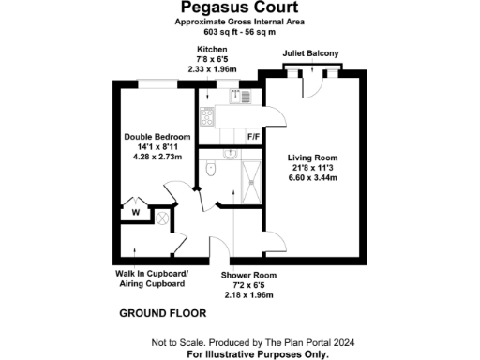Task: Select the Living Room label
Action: pyautogui.click(x=312, y=157)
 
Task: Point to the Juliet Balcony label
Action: pyautogui.click(x=310, y=54)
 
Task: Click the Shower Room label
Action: pyautogui.click(x=248, y=275)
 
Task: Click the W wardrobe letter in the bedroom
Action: pyautogui.click(x=136, y=213)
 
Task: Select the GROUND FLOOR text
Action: pyautogui.click(x=157, y=312)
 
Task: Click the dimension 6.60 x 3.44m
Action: pyautogui.click(x=312, y=177)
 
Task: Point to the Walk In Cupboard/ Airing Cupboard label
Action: pyautogui.click(x=151, y=279)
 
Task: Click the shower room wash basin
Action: pyautogui.click(x=227, y=153)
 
